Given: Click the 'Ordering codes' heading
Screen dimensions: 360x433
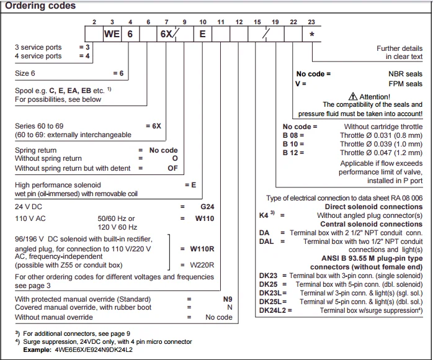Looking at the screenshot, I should pyautogui.click(x=41, y=6).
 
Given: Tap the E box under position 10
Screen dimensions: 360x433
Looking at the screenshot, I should pyautogui.click(x=202, y=35).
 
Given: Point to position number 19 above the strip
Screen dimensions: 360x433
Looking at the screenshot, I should pyautogui.click(x=275, y=22).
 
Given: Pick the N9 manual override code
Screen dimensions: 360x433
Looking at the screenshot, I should pyautogui.click(x=228, y=299).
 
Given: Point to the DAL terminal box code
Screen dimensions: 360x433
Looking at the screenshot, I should pyautogui.click(x=267, y=241).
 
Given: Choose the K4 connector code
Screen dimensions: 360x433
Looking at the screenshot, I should pyautogui.click(x=264, y=215).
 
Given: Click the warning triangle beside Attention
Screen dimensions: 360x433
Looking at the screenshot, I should pyautogui.click(x=353, y=97).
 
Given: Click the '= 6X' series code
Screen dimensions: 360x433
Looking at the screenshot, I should pyautogui.click(x=153, y=125).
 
